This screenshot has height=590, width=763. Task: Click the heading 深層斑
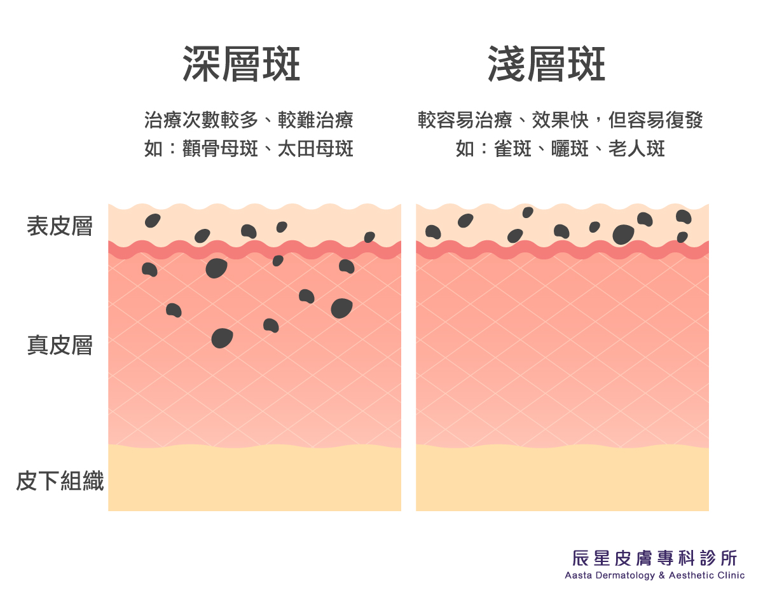click(241, 64)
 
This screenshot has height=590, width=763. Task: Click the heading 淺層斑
click(546, 64)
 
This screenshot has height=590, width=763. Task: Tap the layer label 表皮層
click(60, 226)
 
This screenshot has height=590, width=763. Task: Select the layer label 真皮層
click(60, 345)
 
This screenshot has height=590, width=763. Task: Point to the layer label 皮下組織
click(60, 481)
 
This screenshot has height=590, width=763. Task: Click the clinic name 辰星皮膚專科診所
click(654, 558)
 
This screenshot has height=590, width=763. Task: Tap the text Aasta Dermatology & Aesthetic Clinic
click(654, 575)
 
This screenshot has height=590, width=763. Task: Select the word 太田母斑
click(315, 149)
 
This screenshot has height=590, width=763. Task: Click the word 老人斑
click(636, 149)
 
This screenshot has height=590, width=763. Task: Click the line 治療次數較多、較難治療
click(249, 120)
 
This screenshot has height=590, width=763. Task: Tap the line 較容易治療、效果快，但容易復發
click(560, 120)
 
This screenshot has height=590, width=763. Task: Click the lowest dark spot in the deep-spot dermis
click(222, 338)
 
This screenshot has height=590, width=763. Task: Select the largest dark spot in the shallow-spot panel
click(623, 234)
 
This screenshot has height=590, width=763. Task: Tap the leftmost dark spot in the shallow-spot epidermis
click(433, 232)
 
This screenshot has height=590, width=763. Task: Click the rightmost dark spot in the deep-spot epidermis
click(369, 237)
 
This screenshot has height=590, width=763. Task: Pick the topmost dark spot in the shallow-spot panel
click(528, 212)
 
